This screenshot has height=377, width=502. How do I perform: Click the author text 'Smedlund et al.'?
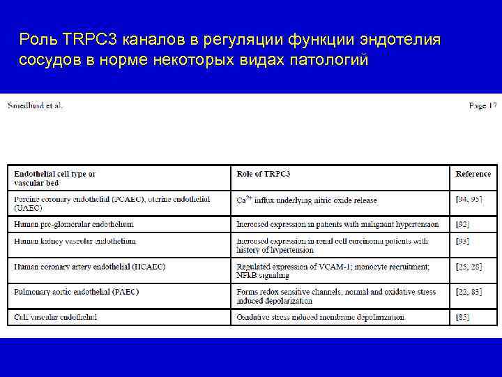pyautogui.click(x=35, y=105)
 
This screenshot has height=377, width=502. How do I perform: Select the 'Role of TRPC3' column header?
pyautogui.click(x=264, y=174)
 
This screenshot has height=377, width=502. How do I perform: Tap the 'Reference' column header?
pyautogui.click(x=473, y=174)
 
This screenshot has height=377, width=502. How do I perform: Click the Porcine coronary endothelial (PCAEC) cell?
pyautogui.click(x=112, y=203)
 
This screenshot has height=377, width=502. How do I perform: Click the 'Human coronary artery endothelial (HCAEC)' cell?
pyautogui.click(x=90, y=267)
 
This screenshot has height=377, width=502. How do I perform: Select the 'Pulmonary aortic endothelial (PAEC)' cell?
pyautogui.click(x=77, y=291)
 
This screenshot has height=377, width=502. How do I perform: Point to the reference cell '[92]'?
pyautogui.click(x=463, y=225)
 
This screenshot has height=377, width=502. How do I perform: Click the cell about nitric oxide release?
pyautogui.click(x=307, y=200)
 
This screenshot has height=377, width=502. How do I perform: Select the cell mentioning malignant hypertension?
pyautogui.click(x=337, y=225)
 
